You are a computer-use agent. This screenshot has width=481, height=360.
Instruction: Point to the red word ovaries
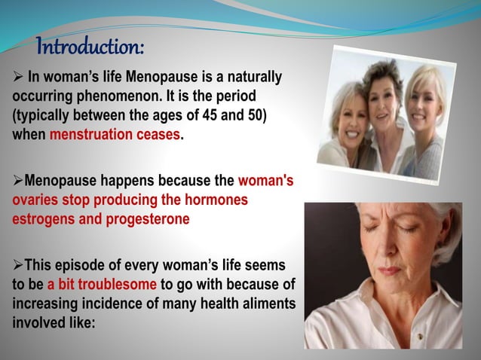click(34, 201)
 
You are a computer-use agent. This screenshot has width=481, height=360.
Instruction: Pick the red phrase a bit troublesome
click(102, 284)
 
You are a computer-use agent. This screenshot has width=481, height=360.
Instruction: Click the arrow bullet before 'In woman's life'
click(17, 78)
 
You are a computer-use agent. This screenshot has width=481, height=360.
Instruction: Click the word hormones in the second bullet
click(215, 201)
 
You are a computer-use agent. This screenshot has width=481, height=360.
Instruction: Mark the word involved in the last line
click(36, 320)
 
